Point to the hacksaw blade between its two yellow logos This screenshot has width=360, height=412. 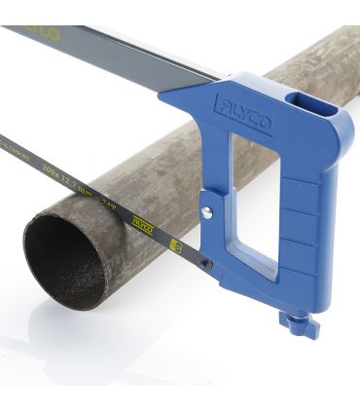click(159, 233)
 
